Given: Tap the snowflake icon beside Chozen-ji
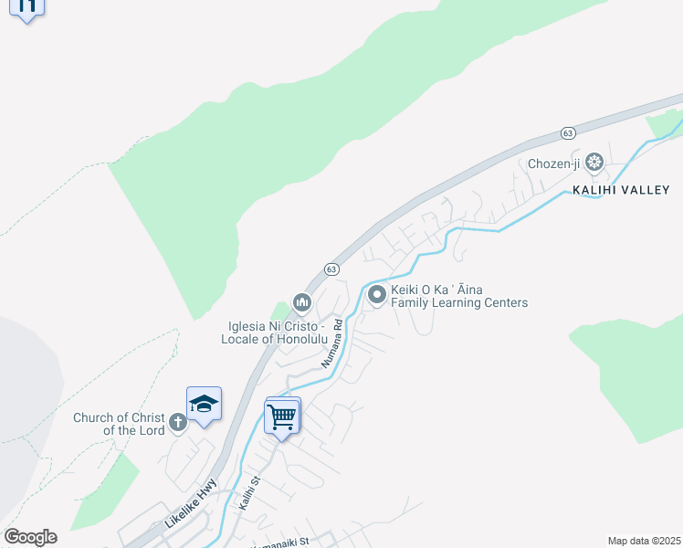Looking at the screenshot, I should [594, 163].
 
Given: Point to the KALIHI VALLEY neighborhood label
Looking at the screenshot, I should [621, 190].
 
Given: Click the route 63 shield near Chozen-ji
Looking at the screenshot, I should [568, 132].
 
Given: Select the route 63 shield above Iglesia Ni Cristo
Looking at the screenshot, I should [331, 269].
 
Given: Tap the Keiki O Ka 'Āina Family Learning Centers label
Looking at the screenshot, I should [459, 297].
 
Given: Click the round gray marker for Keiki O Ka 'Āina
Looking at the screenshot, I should [376, 294].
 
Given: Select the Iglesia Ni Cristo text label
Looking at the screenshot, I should [274, 332].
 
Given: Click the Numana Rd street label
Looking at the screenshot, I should [331, 343].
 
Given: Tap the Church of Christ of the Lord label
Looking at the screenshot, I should [120, 424].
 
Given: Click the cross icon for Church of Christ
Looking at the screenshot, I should [178, 422].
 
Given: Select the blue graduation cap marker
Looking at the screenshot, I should [204, 405].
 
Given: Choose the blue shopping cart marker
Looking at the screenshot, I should [282, 416].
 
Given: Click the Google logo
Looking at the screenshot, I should [30, 537].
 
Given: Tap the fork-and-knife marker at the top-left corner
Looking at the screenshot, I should [27, 8].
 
